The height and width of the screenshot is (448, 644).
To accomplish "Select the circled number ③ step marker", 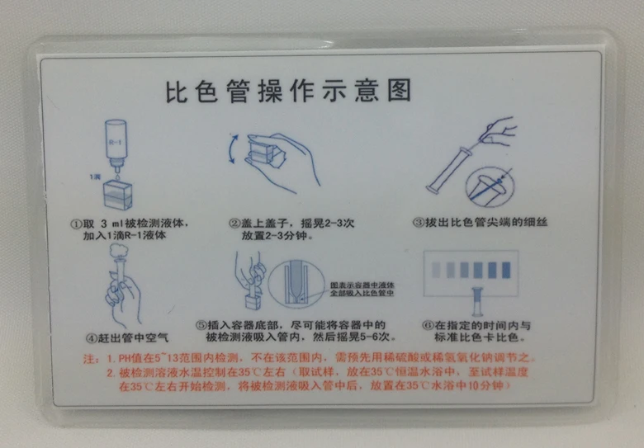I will tap(417, 223).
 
